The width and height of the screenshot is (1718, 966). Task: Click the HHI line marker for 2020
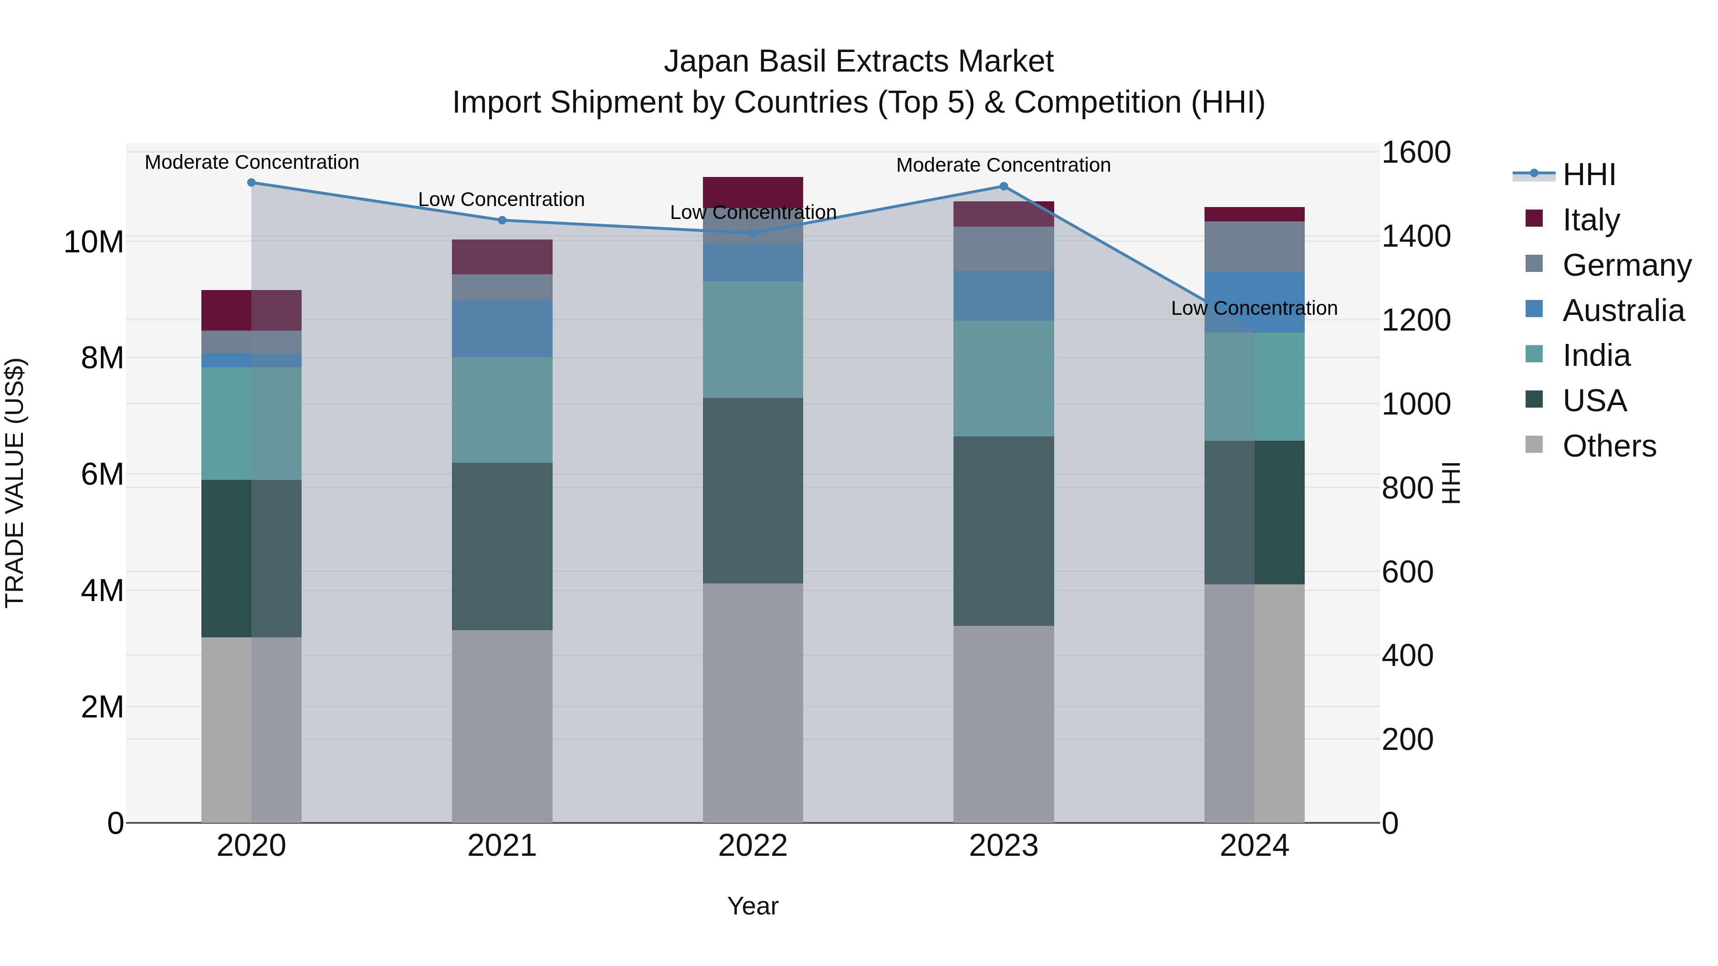point(251,183)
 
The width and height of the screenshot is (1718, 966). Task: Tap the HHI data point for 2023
point(1004,187)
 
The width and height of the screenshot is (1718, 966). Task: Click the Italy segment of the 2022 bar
point(753,191)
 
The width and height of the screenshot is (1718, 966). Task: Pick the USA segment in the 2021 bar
point(502,547)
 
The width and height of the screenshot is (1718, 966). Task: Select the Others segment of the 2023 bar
point(1004,724)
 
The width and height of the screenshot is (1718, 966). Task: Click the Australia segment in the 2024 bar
point(1255,301)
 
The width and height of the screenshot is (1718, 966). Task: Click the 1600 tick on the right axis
point(1416,153)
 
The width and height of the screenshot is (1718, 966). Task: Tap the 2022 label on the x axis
point(753,846)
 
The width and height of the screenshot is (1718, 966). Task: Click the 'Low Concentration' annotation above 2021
point(502,199)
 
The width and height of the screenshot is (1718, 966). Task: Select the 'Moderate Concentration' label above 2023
point(1003,165)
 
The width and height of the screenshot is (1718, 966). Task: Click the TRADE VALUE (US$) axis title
point(15,483)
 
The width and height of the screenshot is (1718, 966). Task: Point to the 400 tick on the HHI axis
point(1407,655)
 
